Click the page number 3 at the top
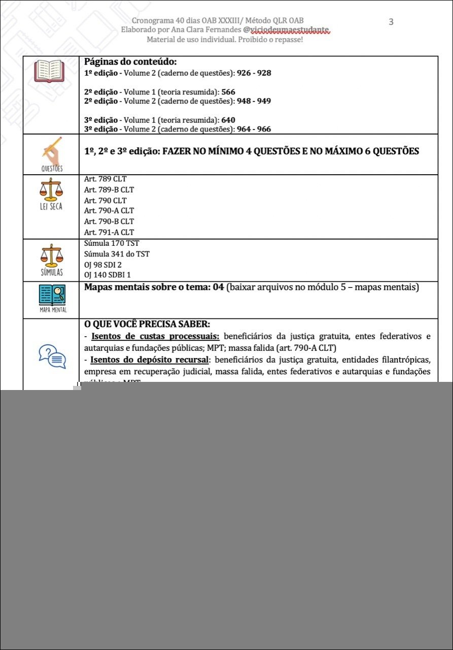click(x=391, y=21)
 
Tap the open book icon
click(x=49, y=72)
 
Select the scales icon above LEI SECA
click(x=52, y=190)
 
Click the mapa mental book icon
click(x=52, y=296)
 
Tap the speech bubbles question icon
click(x=52, y=356)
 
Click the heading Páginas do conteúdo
click(x=130, y=62)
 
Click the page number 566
click(x=228, y=92)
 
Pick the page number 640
click(x=228, y=120)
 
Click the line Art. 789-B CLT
click(x=109, y=190)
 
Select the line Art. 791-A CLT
click(x=109, y=233)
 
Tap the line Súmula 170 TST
click(x=112, y=244)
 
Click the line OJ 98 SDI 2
click(x=103, y=265)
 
